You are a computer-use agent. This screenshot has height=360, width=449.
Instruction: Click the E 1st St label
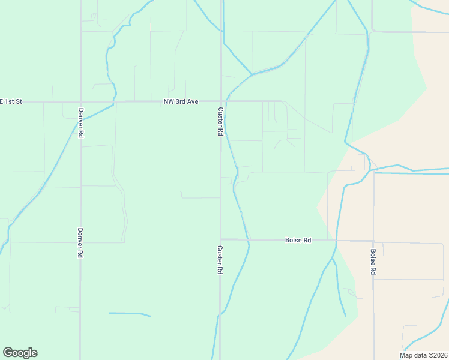(x=11, y=102)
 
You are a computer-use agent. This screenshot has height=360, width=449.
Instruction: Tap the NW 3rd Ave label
(x=181, y=102)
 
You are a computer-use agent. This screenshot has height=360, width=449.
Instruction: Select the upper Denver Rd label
(x=80, y=123)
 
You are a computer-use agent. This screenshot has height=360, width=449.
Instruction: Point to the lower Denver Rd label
(x=80, y=242)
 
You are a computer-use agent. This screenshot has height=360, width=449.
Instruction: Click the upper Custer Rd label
(x=220, y=121)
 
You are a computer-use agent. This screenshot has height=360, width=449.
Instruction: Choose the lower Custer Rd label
(x=220, y=260)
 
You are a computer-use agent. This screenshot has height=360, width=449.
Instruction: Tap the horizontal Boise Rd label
(x=298, y=240)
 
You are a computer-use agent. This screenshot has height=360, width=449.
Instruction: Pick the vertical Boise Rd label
(x=373, y=262)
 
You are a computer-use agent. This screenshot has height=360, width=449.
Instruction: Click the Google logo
(x=20, y=353)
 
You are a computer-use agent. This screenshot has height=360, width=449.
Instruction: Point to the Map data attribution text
(x=423, y=355)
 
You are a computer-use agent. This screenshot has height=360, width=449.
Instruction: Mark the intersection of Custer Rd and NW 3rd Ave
(x=220, y=101)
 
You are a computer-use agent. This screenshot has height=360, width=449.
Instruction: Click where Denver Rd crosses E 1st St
(x=80, y=102)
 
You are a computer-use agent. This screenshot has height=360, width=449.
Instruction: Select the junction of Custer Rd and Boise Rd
(x=220, y=239)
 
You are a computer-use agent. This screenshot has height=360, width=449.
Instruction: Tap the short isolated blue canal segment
(x=129, y=314)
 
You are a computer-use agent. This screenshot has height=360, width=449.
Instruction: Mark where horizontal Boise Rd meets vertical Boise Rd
(x=373, y=241)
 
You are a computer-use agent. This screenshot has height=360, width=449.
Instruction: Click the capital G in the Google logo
(x=8, y=353)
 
